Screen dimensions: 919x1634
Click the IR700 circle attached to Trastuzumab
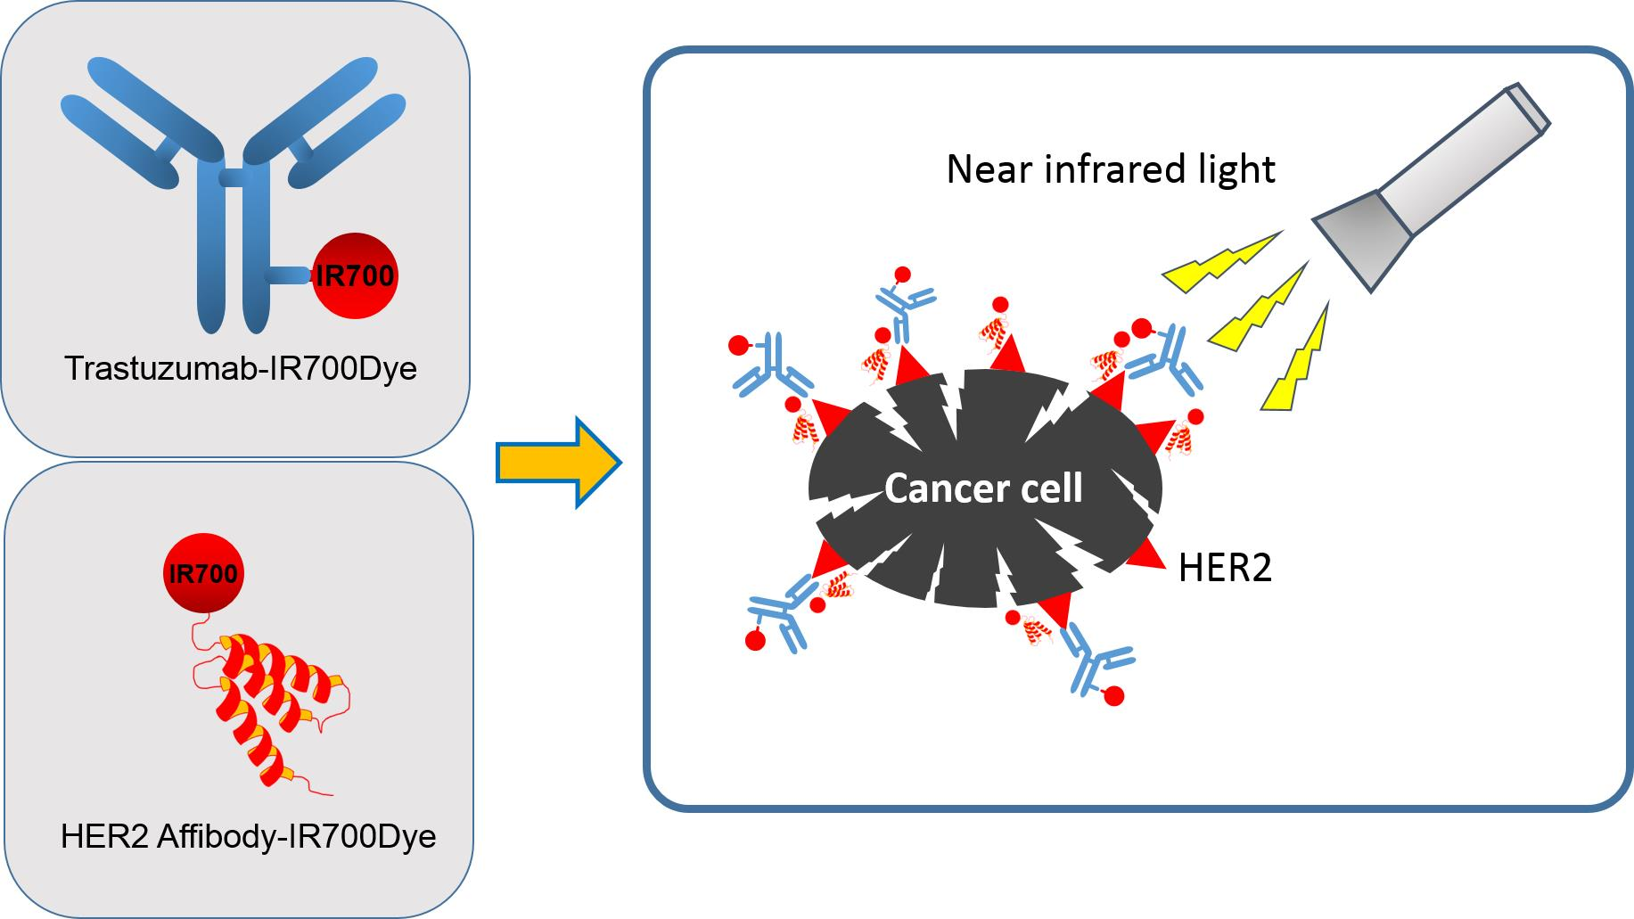coord(355,275)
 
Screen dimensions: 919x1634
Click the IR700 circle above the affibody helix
coord(203,572)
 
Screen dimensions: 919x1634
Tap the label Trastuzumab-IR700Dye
coord(241,368)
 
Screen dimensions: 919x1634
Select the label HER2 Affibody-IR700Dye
coord(248,836)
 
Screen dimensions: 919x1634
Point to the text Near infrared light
coord(1110,168)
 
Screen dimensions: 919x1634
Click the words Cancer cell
coord(983,488)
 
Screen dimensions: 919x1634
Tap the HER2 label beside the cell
coord(1225,568)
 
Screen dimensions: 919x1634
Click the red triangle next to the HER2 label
coord(1149,552)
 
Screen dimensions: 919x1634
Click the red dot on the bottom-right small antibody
coord(1113,696)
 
